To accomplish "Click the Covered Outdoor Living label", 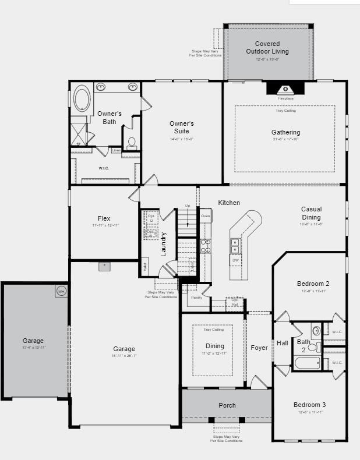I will click(267, 48).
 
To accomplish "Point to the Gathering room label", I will click(285, 132).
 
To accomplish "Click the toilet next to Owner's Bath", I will click(132, 141).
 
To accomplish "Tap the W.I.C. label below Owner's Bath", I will click(104, 168).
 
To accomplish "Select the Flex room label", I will click(104, 218).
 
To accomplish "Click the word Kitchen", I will click(229, 203).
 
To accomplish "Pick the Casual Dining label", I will click(311, 213).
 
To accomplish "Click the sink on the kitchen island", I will click(235, 246).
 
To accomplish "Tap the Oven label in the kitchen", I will click(205, 217).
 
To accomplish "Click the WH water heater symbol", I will click(61, 291).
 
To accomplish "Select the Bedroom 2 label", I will click(311, 284).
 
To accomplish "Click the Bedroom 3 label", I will click(309, 405).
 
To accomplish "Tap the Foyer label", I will click(259, 348).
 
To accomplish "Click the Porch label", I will click(227, 405).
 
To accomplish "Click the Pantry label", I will click(196, 298).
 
